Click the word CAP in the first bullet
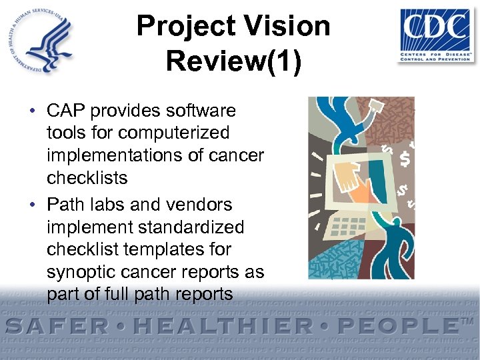click(67, 110)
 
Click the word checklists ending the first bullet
click(87, 178)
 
